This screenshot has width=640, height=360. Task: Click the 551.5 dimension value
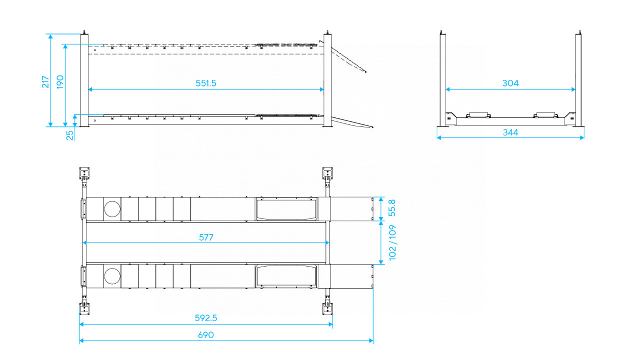[x=206, y=83]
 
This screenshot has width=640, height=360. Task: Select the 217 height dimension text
[x=45, y=81]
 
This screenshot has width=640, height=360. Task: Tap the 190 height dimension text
[x=60, y=81]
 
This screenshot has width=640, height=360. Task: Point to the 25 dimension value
[x=70, y=135]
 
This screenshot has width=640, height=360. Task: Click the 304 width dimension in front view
[x=510, y=83]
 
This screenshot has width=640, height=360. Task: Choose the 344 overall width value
[x=510, y=132]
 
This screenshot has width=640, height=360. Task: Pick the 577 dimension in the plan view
[x=206, y=237]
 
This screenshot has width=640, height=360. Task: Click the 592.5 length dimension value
[x=206, y=318]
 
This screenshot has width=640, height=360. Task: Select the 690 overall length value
[x=206, y=335]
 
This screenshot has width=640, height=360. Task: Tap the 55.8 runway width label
[x=392, y=208]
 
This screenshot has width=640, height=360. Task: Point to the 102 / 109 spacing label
[x=392, y=242]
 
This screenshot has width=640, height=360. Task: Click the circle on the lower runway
[x=112, y=275]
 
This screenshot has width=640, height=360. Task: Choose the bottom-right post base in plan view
[x=327, y=306]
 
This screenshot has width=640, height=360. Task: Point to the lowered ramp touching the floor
[x=352, y=121]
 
